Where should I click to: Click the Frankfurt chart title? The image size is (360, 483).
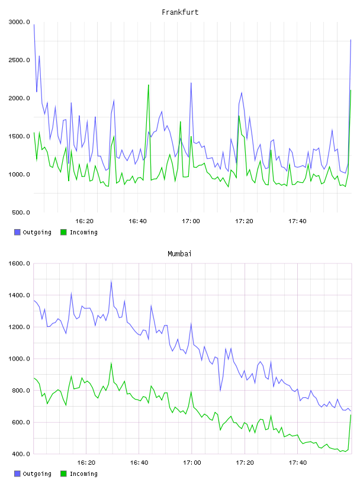tap(180, 12)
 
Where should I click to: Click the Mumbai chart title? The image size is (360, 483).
tap(179, 254)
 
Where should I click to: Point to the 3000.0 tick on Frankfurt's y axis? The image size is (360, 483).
tap(19, 22)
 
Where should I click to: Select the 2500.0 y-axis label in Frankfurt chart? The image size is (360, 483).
tap(19, 60)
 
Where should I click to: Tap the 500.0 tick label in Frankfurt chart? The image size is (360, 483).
tap(21, 212)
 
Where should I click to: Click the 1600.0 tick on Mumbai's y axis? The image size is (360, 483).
tap(19, 263)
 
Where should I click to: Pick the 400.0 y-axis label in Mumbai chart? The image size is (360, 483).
tap(21, 454)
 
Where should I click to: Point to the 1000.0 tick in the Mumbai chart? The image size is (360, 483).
tap(19, 359)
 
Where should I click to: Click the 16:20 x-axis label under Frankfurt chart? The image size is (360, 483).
tap(84, 221)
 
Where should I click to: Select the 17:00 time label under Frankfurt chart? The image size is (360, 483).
tap(191, 221)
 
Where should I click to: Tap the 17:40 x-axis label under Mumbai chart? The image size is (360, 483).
tap(298, 463)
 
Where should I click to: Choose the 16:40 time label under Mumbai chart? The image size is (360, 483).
tap(139, 463)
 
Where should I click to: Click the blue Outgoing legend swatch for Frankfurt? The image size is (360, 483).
tap(17, 232)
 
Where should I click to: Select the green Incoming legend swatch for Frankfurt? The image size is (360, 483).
tap(63, 232)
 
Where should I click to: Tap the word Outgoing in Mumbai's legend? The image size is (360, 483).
tap(37, 474)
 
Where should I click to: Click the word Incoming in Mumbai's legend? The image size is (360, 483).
tap(83, 474)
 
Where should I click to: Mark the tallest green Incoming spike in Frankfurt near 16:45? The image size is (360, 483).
tap(149, 85)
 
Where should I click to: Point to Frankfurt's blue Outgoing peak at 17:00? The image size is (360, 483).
tap(191, 83)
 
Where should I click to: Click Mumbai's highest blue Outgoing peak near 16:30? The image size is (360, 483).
tap(111, 281)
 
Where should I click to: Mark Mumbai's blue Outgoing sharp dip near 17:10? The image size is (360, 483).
tap(220, 390)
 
